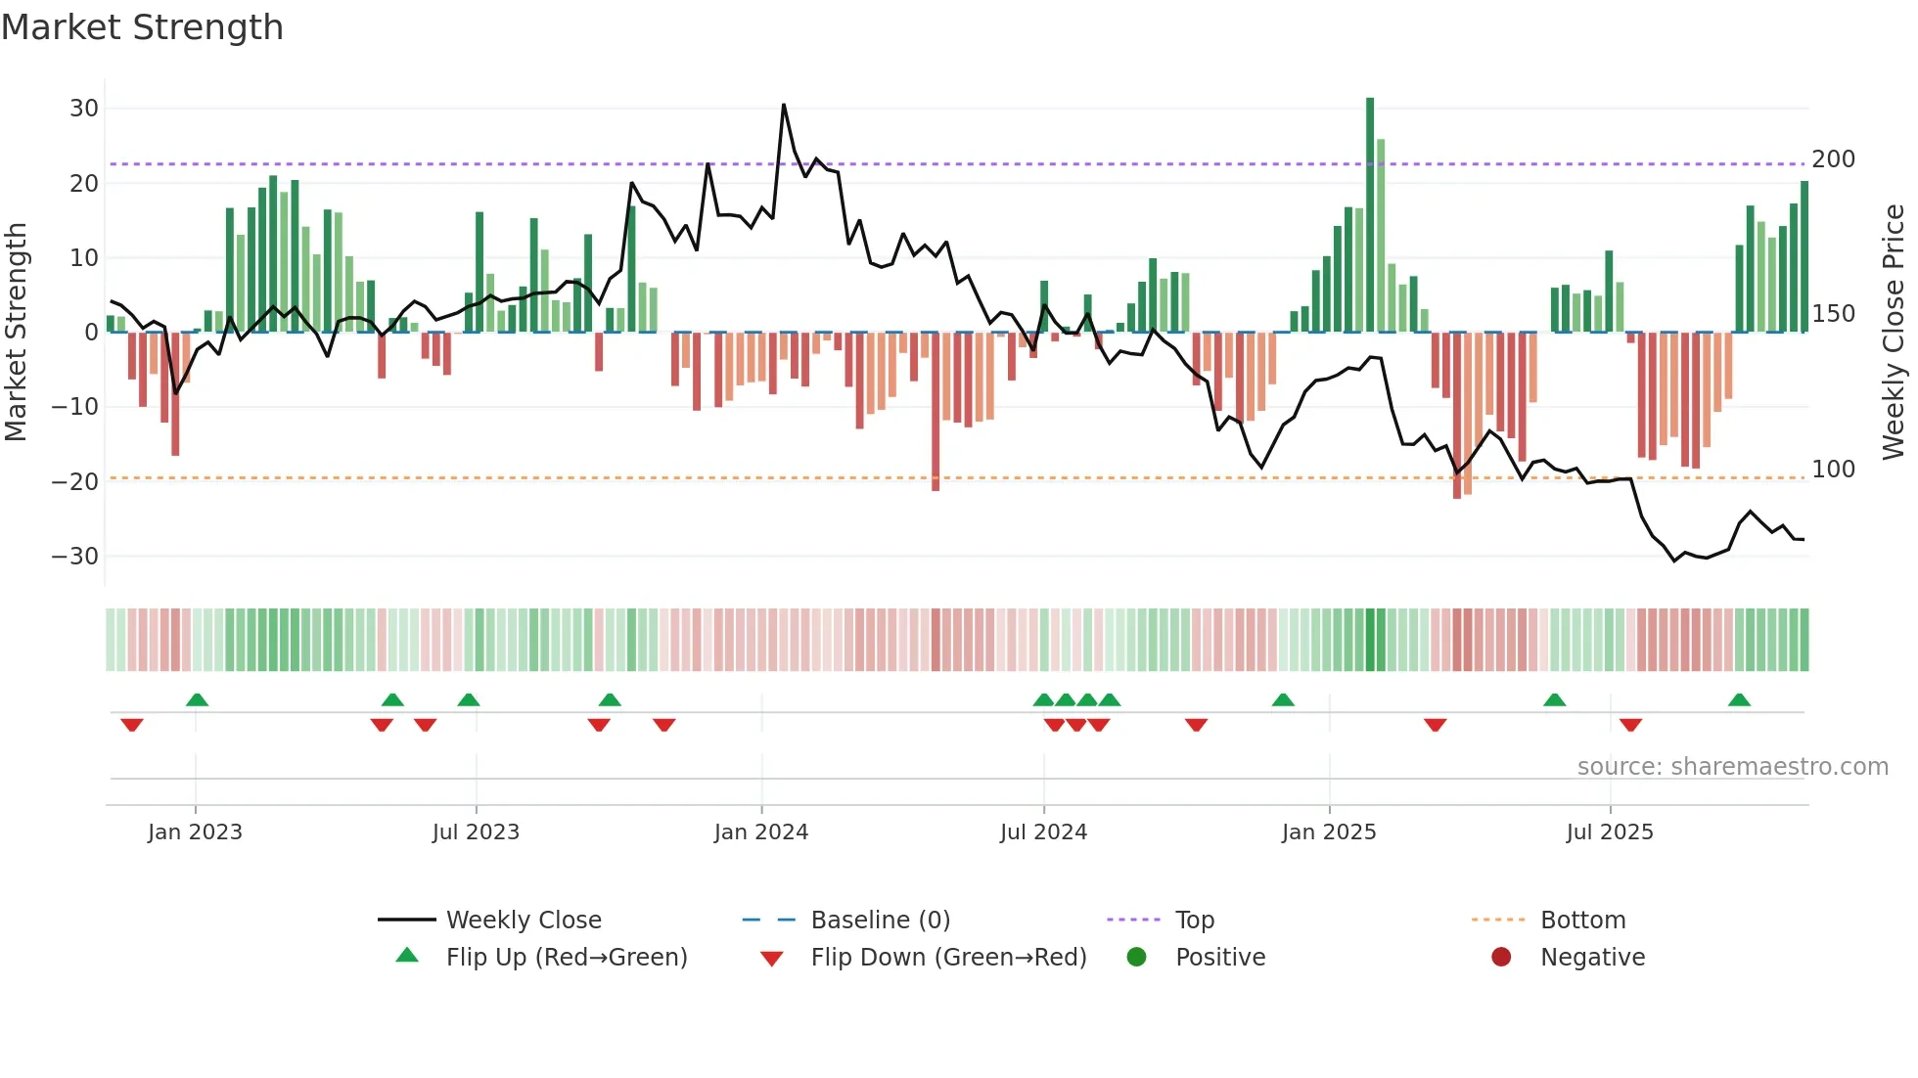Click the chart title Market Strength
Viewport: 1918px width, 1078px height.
tap(142, 27)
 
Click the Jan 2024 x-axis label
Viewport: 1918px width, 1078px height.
tap(760, 832)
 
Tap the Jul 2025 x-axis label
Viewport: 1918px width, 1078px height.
tap(1609, 832)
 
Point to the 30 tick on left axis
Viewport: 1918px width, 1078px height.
tap(83, 109)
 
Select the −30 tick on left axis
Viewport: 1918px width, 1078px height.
tap(75, 557)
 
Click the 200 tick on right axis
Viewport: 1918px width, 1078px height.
tap(1833, 159)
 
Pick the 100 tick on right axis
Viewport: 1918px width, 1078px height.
tap(1833, 470)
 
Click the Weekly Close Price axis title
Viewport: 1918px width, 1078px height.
tap(1894, 333)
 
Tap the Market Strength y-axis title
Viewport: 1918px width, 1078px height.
tap(16, 333)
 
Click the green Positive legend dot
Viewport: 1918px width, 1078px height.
tap(1136, 958)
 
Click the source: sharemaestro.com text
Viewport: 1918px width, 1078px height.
tap(1732, 767)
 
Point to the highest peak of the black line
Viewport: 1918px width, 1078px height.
tap(784, 105)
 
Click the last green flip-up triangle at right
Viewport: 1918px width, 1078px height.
tap(1739, 700)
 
